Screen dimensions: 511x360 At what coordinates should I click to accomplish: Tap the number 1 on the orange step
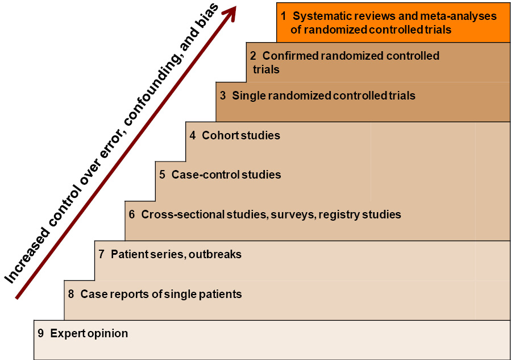click(x=284, y=16)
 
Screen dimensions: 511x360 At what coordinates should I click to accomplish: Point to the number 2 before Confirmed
click(x=253, y=56)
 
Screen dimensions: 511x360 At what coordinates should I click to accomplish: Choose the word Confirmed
click(x=290, y=56)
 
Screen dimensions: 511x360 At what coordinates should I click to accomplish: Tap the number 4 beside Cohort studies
click(x=193, y=135)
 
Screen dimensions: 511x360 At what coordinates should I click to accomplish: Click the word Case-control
click(x=206, y=175)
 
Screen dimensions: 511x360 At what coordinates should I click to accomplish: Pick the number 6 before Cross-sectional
click(x=132, y=214)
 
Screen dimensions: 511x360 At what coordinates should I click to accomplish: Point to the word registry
click(x=339, y=215)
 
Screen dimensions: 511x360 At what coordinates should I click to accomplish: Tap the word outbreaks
click(x=215, y=254)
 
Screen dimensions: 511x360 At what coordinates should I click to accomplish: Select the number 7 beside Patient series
click(x=102, y=254)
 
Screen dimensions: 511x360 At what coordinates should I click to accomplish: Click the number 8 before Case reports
click(x=71, y=294)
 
